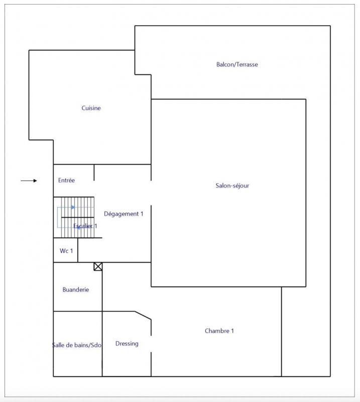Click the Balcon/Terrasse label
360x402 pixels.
(237, 64)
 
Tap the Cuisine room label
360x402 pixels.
(91, 108)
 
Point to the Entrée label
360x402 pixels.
(66, 180)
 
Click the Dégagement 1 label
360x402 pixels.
(124, 214)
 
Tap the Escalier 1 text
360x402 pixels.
(85, 226)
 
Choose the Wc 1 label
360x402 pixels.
(66, 250)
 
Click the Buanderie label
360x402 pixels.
(76, 289)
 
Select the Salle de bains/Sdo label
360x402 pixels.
(77, 345)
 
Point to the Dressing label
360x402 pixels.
(127, 344)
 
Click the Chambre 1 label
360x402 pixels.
(219, 331)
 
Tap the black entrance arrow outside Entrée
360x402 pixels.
(29, 180)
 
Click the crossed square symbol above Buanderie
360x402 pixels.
(98, 266)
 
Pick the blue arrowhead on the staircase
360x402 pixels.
(73, 207)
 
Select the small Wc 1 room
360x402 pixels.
(66, 250)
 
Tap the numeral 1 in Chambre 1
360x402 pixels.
(232, 331)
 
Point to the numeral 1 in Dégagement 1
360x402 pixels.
(142, 214)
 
